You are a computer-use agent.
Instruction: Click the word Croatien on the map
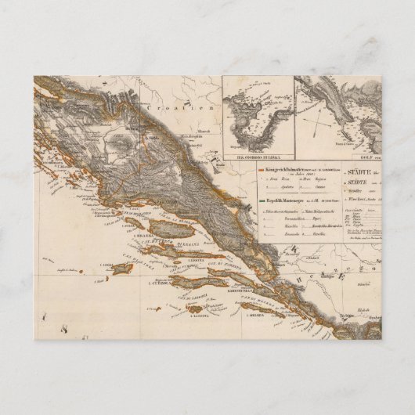click(197, 108)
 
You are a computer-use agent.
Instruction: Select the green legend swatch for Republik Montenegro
click(265, 201)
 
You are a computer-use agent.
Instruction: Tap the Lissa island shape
click(123, 269)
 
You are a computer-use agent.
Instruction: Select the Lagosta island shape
click(195, 308)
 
